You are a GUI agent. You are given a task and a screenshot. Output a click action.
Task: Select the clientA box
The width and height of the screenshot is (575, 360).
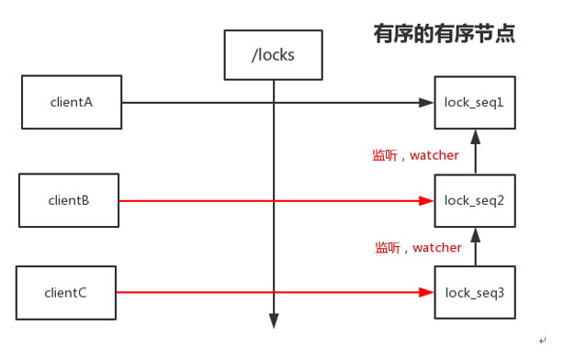(71, 102)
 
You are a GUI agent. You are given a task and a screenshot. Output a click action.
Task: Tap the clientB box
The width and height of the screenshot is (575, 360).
(67, 200)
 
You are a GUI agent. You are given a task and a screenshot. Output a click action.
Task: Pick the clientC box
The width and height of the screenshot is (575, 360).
(65, 293)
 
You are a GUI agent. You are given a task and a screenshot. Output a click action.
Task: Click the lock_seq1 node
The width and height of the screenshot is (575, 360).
(473, 102)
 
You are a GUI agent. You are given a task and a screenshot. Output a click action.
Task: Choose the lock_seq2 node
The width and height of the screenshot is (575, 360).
(473, 200)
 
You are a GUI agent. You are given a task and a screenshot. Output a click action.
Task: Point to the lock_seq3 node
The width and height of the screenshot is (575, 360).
(473, 293)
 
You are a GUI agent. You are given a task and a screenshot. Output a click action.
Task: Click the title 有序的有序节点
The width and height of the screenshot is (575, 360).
(444, 34)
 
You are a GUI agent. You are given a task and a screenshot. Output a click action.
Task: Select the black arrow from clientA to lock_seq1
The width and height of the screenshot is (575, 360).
(202, 102)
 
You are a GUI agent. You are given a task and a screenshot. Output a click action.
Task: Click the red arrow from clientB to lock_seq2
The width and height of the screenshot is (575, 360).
(202, 200)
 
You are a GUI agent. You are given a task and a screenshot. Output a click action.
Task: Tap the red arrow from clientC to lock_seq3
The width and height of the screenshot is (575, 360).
(202, 293)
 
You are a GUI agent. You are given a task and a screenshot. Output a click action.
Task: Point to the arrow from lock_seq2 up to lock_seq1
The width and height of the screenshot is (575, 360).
(475, 152)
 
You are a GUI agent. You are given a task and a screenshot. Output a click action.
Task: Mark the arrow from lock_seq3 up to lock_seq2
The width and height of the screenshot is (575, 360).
(475, 246)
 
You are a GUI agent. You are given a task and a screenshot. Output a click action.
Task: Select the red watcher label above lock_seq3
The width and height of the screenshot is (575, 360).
(418, 248)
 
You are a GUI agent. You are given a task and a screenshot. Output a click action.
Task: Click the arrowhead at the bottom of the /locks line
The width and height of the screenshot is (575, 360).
(273, 321)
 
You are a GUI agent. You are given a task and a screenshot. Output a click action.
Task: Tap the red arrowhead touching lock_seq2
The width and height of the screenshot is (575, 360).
(427, 200)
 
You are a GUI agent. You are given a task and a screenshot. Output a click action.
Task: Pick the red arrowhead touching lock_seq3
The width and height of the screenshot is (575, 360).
(427, 293)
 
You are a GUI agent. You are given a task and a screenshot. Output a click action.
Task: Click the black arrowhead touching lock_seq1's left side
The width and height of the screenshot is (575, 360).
(427, 102)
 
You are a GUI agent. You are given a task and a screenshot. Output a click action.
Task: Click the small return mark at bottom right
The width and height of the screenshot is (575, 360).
(543, 341)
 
